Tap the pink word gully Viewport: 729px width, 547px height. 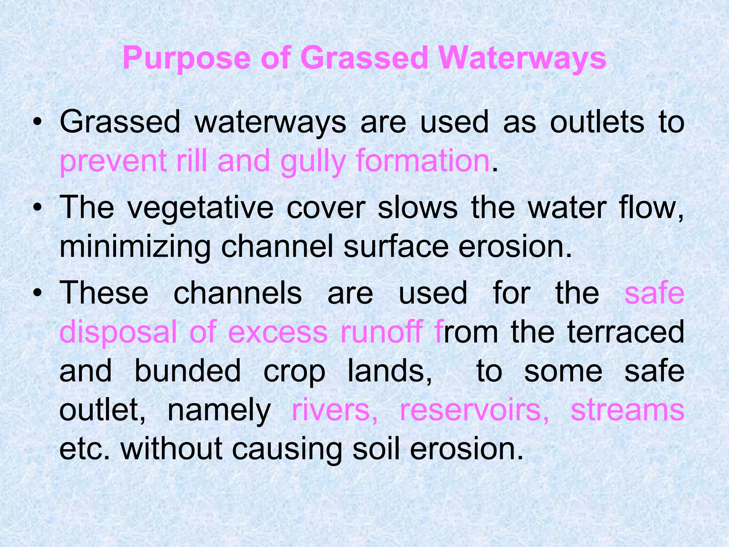click(313, 161)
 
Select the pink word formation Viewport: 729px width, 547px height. click(423, 161)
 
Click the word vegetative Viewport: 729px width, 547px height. click(200, 208)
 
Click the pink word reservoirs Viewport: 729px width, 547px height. click(474, 410)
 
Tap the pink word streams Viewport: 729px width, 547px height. click(628, 410)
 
